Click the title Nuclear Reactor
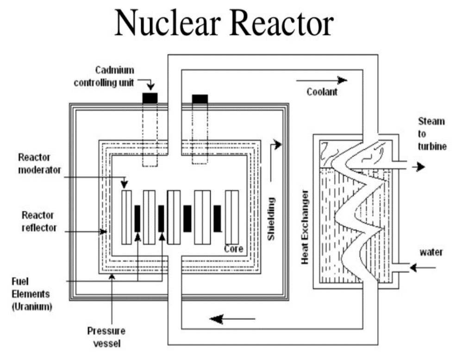(224, 23)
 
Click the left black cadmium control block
(150, 98)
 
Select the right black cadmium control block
(200, 98)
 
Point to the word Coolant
(322, 92)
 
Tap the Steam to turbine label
(431, 134)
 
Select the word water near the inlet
(431, 253)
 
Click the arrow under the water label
(423, 267)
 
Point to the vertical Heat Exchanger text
(305, 227)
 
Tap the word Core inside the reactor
(233, 249)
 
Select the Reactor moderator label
(39, 164)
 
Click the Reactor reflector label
(39, 221)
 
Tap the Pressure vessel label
(106, 337)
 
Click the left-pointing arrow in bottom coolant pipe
(231, 319)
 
